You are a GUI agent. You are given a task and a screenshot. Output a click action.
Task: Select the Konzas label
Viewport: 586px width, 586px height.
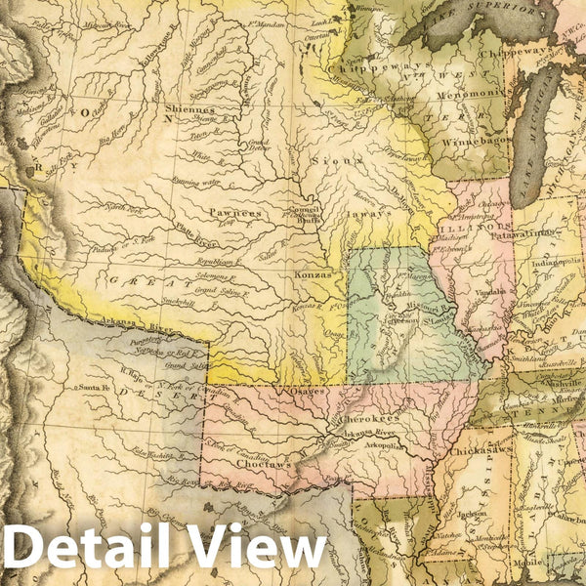(313, 275)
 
